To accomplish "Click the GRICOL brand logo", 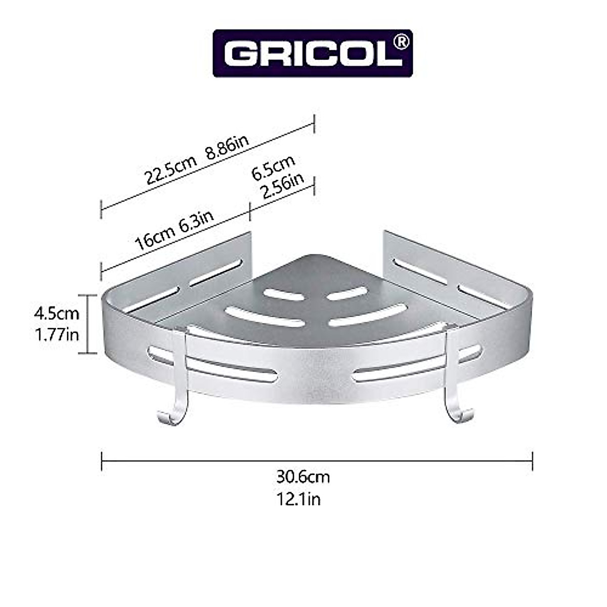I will pos(313,53).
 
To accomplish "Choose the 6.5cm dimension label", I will pos(273,167).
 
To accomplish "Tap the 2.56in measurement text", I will pos(281,186).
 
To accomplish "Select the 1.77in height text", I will pos(57,334).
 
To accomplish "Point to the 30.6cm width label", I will pos(303,476).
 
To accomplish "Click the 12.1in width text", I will pos(298,499).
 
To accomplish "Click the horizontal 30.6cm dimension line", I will pos(317,460).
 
